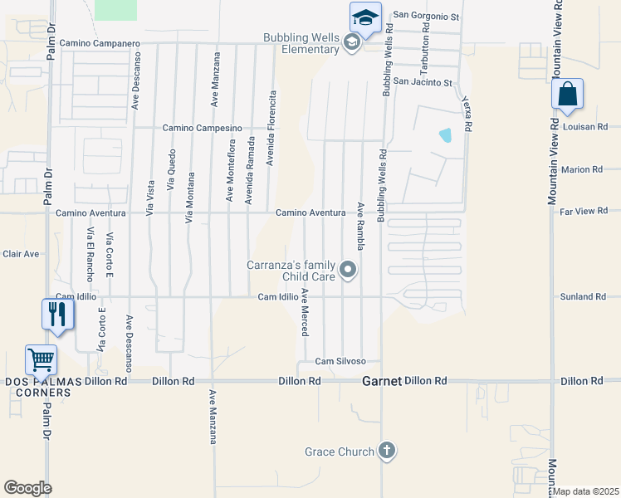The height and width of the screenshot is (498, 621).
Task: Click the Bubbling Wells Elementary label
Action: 301,43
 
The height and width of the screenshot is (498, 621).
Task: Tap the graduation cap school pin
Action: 365,17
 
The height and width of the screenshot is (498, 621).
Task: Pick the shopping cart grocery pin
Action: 42,360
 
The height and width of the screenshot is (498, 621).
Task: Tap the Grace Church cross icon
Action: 386,451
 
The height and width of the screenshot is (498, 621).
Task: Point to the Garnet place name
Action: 382,381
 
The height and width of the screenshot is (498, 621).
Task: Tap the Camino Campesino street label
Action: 202,128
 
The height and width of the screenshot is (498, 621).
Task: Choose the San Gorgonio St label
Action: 426,15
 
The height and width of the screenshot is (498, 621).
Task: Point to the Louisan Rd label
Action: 584,127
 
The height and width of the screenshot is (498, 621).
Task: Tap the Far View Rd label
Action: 584,212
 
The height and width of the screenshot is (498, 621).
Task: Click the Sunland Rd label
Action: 583,296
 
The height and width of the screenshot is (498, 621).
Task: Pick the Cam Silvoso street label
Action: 346,362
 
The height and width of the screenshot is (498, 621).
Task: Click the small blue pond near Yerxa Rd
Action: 446,134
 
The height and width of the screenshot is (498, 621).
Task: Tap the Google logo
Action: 27,487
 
